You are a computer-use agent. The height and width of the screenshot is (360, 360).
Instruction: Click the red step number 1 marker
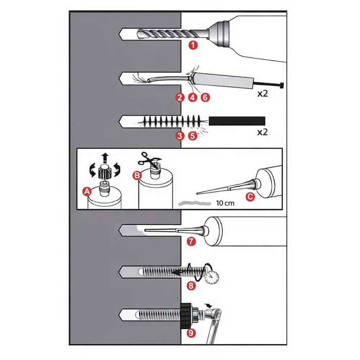[193, 45]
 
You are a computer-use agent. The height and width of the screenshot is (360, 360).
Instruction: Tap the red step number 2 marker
[180, 98]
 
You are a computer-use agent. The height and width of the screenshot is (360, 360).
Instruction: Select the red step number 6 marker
[205, 98]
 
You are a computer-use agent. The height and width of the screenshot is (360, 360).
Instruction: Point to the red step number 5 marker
[193, 136]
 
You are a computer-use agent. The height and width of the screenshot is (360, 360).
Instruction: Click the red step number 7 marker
[191, 242]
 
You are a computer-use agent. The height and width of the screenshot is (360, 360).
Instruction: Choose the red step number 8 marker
[191, 286]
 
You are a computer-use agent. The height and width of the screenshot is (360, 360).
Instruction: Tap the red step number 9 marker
[191, 333]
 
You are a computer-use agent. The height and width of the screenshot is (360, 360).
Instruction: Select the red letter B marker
[137, 176]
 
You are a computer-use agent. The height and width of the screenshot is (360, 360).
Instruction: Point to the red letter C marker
[250, 197]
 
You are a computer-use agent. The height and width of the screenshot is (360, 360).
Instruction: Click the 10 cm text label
[225, 203]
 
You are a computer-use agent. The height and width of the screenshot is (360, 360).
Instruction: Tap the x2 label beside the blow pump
[262, 94]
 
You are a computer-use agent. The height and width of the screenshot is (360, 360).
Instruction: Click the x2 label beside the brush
[262, 132]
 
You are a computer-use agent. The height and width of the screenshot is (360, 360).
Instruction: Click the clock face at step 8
[211, 278]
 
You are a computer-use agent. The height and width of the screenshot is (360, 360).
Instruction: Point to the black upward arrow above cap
[105, 158]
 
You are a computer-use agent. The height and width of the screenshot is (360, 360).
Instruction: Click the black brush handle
[237, 121]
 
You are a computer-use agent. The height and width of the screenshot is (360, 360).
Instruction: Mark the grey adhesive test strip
[195, 203]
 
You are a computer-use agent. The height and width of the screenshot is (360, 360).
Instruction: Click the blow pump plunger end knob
[282, 85]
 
